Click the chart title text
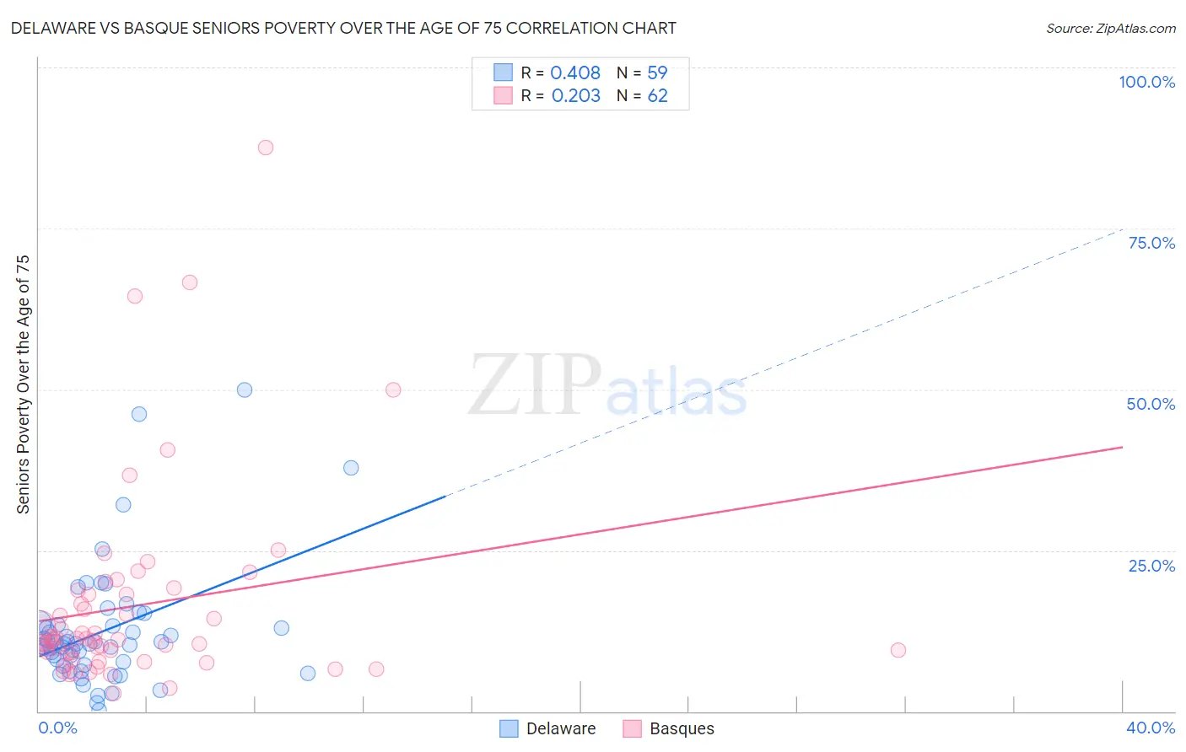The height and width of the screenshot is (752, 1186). [343, 28]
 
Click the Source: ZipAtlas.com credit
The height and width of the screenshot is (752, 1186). [1110, 28]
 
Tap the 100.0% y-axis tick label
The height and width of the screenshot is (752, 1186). [1146, 82]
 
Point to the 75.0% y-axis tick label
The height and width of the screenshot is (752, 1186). [1151, 243]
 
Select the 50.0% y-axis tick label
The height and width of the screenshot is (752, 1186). [1151, 404]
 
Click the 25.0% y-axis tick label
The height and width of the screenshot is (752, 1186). [1151, 565]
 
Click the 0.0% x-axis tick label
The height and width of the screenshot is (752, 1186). [57, 728]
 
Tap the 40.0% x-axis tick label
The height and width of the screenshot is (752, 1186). [1151, 728]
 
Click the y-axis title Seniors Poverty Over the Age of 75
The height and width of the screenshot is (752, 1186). [23, 384]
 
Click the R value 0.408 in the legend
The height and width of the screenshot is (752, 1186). [575, 73]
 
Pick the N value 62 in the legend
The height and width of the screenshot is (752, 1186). [657, 96]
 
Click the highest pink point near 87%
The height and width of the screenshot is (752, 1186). [266, 148]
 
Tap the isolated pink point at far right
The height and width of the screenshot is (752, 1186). [898, 650]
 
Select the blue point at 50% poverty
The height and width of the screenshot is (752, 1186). [245, 389]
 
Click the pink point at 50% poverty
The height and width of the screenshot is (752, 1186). [393, 389]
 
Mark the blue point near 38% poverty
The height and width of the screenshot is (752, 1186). [351, 468]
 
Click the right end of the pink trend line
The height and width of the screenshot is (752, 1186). [1122, 447]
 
